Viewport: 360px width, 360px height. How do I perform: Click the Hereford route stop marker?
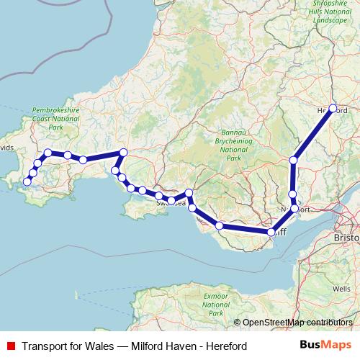[x=333, y=109]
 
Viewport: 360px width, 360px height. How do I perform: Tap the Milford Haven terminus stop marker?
[x=27, y=182]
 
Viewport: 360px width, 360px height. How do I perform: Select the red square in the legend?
[x=9, y=346]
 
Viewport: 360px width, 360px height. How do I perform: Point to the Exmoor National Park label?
[x=215, y=305]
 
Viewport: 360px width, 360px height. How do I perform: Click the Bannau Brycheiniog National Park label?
[x=233, y=143]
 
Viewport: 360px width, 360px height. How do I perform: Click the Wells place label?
[x=342, y=289]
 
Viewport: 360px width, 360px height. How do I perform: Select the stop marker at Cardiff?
[x=272, y=232]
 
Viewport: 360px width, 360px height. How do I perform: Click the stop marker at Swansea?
[x=171, y=199]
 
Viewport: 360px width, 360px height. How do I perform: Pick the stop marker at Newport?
[x=294, y=208]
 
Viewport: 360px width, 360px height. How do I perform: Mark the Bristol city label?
[x=347, y=237]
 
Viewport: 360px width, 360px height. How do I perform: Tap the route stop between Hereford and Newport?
[x=293, y=160]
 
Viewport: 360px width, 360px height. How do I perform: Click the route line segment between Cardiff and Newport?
[x=283, y=220]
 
